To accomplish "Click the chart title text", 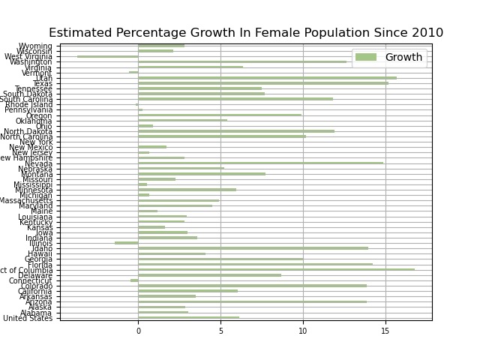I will [x=246, y=33].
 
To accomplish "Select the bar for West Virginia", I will [x=108, y=56].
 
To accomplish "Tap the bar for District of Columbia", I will [x=276, y=269].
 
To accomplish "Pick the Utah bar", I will [x=267, y=77].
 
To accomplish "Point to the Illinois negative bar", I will [x=127, y=243].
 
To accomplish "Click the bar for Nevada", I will [x=260, y=163].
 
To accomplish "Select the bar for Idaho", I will [x=253, y=248].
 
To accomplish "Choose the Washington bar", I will [x=242, y=61].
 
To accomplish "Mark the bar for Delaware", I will [x=209, y=274].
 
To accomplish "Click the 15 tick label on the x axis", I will [x=385, y=331].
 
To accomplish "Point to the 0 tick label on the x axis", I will [x=138, y=331].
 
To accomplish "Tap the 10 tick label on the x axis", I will [x=303, y=331].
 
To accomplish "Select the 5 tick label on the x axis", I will [x=220, y=331].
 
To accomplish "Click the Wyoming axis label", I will [x=37, y=46].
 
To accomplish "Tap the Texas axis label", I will [x=42, y=83].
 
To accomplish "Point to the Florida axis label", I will [x=40, y=265].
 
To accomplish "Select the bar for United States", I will [x=188, y=317].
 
